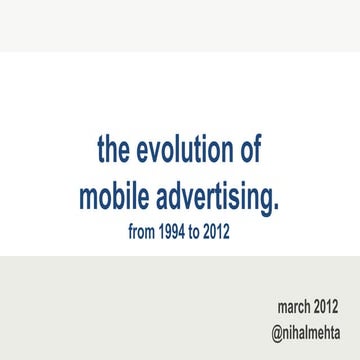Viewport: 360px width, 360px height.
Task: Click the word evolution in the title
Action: point(185,151)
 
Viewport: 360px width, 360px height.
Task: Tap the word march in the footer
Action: point(295,304)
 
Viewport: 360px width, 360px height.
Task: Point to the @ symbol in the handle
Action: point(275,328)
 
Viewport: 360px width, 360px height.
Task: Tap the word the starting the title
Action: point(114,151)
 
